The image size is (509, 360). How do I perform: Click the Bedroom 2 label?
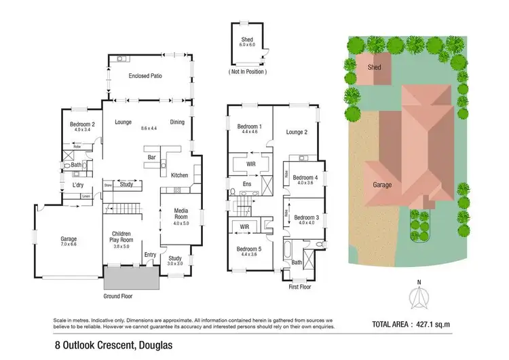[81, 124]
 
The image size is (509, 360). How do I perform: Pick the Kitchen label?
[179, 175]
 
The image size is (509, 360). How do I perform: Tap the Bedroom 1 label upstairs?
[248, 127]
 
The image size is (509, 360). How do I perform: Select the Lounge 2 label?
[297, 132]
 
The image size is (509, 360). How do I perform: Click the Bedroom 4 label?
[307, 177]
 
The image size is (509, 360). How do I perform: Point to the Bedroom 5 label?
[248, 249]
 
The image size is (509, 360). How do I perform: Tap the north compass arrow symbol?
[419, 298]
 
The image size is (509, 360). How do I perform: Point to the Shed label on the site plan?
[374, 68]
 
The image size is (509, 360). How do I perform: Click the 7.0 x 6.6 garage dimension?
[69, 245]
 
